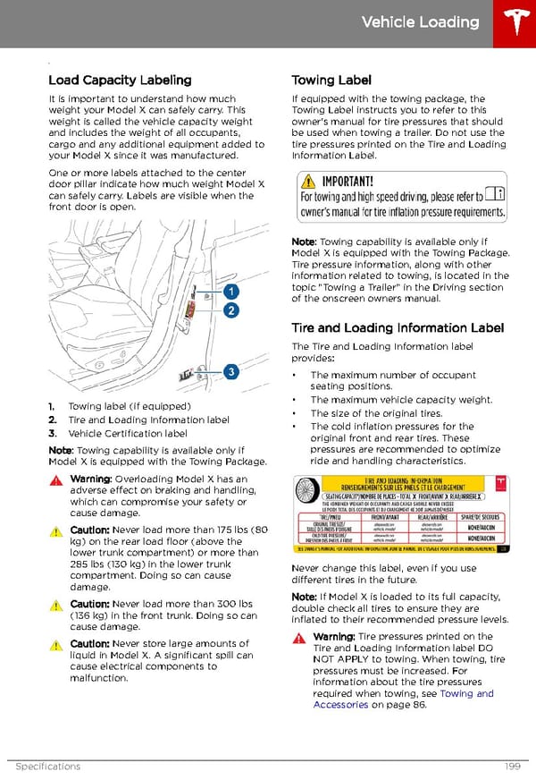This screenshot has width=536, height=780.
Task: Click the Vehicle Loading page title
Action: (420, 22)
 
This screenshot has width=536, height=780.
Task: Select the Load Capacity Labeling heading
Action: (120, 80)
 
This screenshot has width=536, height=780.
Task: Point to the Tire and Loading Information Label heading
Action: (398, 327)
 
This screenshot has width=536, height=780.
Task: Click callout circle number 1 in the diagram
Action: (230, 292)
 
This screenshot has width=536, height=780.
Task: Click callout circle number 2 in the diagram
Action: (230, 310)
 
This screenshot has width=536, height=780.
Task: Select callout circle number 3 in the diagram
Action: (230, 371)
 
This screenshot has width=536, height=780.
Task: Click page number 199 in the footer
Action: (511, 767)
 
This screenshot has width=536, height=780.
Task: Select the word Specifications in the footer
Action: (47, 767)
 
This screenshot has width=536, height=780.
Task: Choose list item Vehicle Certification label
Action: (127, 433)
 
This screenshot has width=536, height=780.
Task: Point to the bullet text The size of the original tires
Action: (376, 413)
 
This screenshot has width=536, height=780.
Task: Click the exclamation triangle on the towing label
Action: (309, 181)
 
